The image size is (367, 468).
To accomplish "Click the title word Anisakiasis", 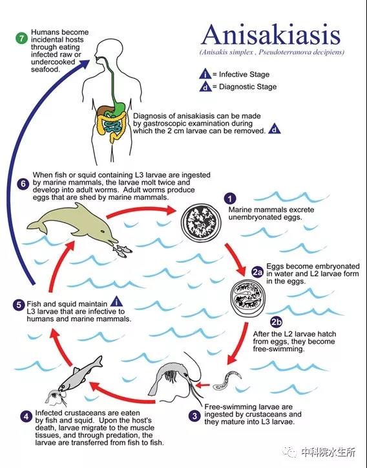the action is coord(271,34).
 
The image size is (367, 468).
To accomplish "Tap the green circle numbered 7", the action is coord(21,38).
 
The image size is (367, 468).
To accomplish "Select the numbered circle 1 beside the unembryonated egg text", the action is coord(229,199).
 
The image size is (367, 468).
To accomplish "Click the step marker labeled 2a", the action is coord(258,273).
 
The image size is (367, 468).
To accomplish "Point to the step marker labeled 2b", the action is coord(277,322).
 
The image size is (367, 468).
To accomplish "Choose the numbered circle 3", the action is coord(195,416).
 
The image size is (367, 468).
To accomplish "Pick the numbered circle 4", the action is coord(26,416).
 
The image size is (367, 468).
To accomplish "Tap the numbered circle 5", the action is coord(19,305).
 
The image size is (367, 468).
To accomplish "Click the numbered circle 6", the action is coord(23,184).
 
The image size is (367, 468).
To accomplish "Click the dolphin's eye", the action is coord(102,231).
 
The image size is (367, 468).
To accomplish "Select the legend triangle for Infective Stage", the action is coord(205,74).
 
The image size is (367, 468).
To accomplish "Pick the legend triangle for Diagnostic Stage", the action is coord(205,86).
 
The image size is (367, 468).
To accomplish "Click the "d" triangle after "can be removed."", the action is coord(275,129).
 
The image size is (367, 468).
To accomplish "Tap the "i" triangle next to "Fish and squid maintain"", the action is coord(116,302).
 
